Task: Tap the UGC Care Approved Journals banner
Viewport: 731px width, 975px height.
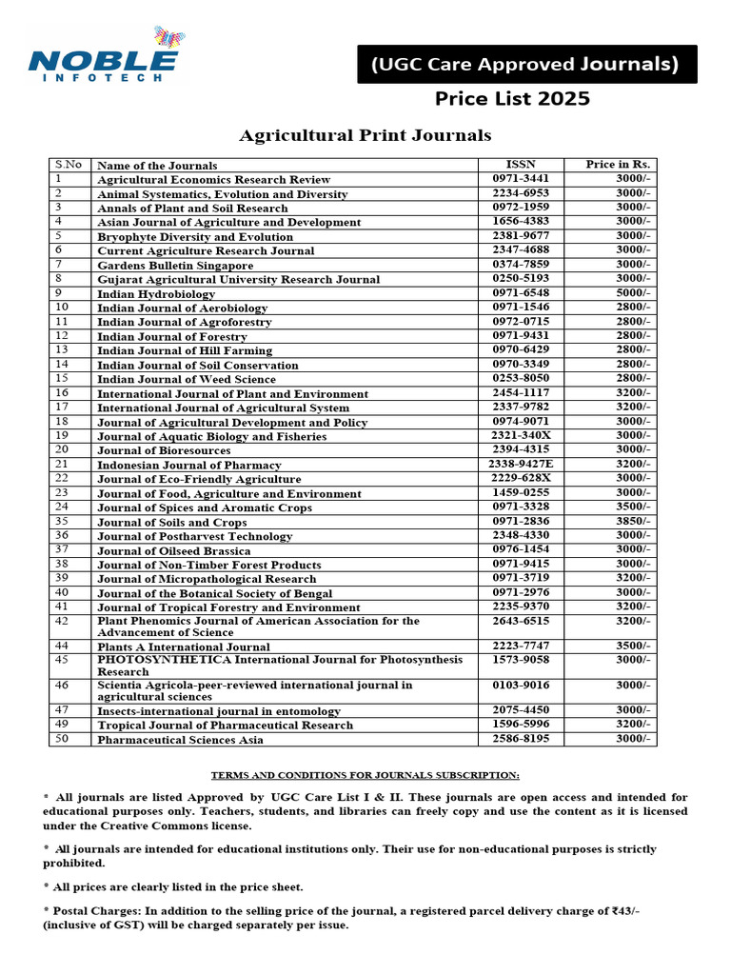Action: click(526, 65)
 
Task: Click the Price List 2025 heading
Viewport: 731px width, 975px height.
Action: click(512, 99)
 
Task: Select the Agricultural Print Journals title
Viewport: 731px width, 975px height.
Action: click(365, 136)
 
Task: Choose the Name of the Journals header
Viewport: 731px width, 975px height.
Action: click(157, 166)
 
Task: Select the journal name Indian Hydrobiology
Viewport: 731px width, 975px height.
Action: click(156, 294)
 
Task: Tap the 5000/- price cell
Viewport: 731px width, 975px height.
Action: click(633, 293)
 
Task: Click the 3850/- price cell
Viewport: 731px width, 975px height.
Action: click(633, 522)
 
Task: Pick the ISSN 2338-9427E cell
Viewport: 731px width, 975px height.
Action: click(521, 464)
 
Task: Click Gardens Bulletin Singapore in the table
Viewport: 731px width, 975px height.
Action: click(175, 266)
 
